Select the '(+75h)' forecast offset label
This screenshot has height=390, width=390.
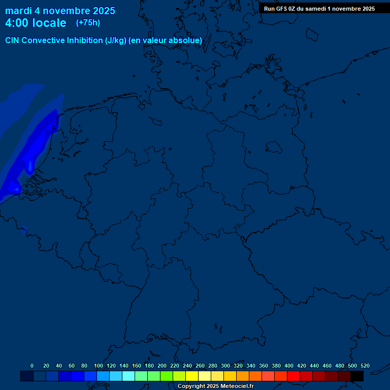(88, 22)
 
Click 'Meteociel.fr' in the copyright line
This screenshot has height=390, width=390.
(234, 386)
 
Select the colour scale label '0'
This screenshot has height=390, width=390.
(32, 366)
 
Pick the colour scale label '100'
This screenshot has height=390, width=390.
(99, 366)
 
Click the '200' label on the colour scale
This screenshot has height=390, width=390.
(162, 366)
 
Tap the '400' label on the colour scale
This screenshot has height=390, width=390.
(289, 366)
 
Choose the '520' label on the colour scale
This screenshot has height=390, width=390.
(365, 366)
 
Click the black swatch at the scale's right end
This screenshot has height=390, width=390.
(357, 376)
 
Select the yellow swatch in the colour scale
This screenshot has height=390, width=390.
(192, 376)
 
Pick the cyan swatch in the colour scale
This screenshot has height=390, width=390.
(128, 376)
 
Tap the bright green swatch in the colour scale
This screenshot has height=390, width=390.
(167, 376)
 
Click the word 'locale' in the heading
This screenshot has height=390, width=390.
(50, 23)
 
